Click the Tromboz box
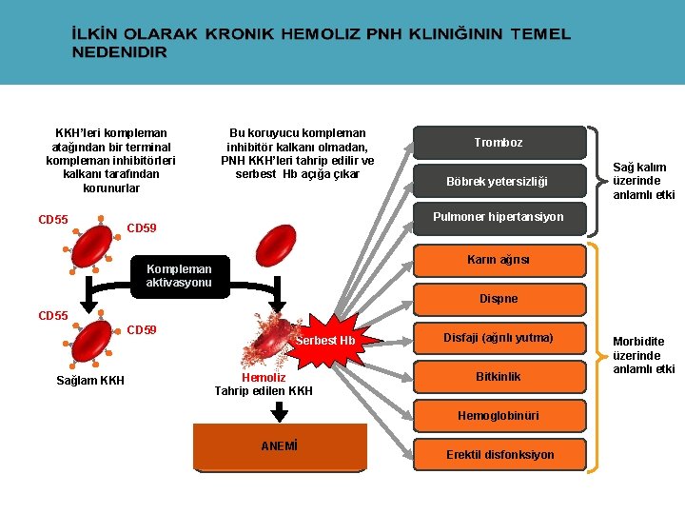[499, 143]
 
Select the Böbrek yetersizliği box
[499, 181]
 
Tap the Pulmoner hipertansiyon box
[499, 217]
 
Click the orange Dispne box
[499, 299]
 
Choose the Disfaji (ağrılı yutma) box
[499, 338]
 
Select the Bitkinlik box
[499, 377]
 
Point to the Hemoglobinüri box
[499, 416]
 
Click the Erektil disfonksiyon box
[499, 455]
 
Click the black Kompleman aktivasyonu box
[180, 276]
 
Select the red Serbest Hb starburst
[324, 341]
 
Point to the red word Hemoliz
[263, 378]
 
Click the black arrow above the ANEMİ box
[280, 411]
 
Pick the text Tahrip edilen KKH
[263, 391]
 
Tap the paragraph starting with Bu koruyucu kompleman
[298, 153]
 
